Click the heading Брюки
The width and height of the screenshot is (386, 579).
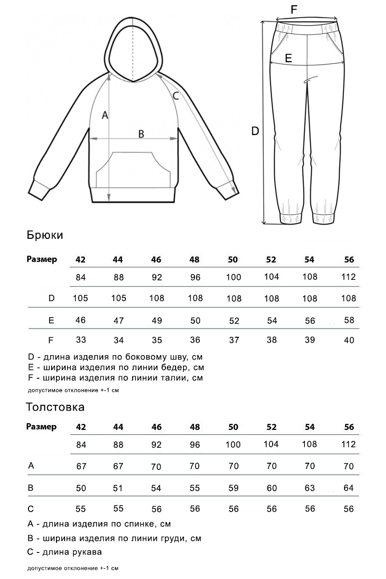click(x=45, y=235)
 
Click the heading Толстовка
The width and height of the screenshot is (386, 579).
click(x=55, y=407)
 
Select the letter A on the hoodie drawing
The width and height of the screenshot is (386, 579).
click(x=104, y=115)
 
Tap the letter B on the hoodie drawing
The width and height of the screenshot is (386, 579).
click(x=141, y=134)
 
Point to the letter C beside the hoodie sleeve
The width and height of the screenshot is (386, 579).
click(x=176, y=96)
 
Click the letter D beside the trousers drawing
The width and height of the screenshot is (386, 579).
click(x=256, y=130)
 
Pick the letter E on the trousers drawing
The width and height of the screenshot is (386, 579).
click(x=289, y=58)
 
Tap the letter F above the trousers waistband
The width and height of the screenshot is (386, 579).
click(x=294, y=9)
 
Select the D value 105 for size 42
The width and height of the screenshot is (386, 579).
click(x=81, y=298)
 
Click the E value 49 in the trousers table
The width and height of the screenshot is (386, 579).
click(x=156, y=320)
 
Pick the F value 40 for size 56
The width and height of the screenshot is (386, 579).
click(x=349, y=340)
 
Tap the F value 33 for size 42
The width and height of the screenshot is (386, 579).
click(x=81, y=340)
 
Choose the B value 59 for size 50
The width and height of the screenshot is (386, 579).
click(x=234, y=488)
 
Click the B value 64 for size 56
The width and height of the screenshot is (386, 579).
click(x=349, y=488)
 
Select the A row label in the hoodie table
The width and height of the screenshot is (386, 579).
click(x=31, y=466)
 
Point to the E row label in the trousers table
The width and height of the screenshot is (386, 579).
click(x=51, y=320)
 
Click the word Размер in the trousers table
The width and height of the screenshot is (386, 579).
click(x=41, y=259)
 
